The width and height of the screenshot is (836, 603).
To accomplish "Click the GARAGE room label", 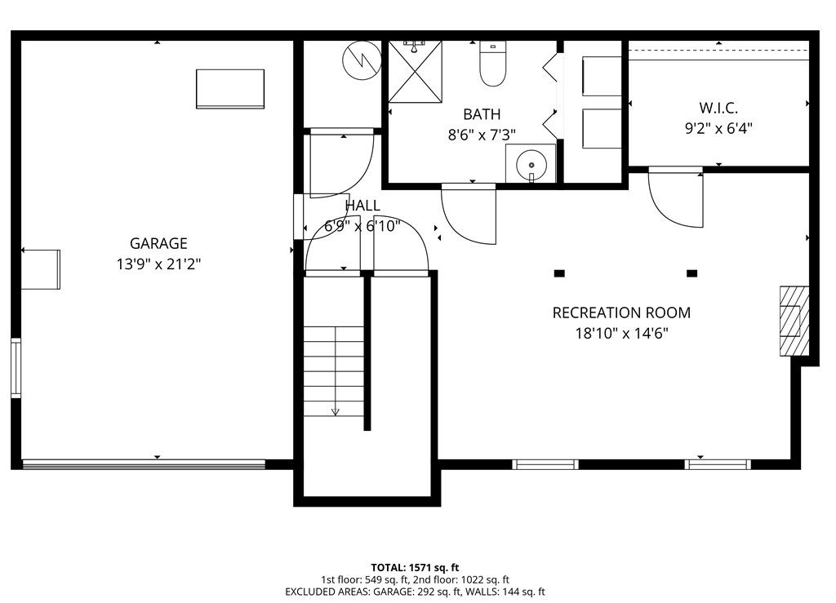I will click(158, 243).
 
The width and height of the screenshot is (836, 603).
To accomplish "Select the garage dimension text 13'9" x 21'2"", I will click(158, 264).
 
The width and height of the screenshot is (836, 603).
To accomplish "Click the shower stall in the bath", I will click(415, 69).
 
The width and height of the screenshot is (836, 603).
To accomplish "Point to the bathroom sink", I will click(531, 164).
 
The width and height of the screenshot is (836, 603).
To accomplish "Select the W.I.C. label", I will click(718, 107).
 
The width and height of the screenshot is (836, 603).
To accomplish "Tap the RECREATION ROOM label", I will click(620, 313).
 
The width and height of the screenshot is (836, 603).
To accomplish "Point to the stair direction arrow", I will click(335, 410).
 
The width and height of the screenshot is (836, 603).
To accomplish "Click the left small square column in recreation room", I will click(559, 273).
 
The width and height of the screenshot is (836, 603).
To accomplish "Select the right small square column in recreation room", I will click(692, 273).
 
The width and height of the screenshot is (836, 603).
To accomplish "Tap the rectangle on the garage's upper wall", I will click(229, 88).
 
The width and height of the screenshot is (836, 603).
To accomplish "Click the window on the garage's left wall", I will click(16, 368).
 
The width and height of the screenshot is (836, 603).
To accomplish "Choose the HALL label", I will click(362, 206).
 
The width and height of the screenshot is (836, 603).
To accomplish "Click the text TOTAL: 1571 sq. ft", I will click(416, 567).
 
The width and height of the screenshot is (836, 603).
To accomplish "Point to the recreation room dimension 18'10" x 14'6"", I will click(620, 333).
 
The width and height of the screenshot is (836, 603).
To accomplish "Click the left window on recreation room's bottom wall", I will click(545, 464).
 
